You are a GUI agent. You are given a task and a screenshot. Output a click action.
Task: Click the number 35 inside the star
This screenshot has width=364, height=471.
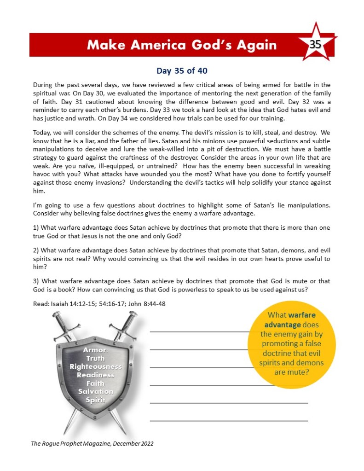[315, 45]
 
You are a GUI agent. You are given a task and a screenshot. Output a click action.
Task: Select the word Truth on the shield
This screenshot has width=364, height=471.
[95, 358]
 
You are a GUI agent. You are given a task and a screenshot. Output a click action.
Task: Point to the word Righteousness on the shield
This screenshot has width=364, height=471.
[96, 366]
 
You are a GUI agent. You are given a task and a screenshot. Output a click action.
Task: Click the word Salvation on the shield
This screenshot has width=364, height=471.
[96, 391]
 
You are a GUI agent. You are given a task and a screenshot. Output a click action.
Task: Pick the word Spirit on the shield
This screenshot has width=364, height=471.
[96, 400]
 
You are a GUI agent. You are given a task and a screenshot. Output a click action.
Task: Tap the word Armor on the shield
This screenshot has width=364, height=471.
[95, 350]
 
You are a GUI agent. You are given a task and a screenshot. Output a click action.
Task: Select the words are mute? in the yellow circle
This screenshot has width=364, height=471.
[292, 372]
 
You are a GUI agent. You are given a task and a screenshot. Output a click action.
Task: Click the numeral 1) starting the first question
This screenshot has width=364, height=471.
[36, 228]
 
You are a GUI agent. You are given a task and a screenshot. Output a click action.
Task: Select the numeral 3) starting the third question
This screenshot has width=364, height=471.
[36, 281]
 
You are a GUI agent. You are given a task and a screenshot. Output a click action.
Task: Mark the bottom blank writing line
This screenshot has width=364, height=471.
[229, 421]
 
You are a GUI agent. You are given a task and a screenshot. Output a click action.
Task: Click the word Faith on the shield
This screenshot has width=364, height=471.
[95, 383]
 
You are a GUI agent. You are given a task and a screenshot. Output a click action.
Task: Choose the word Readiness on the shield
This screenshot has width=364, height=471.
[96, 375]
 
